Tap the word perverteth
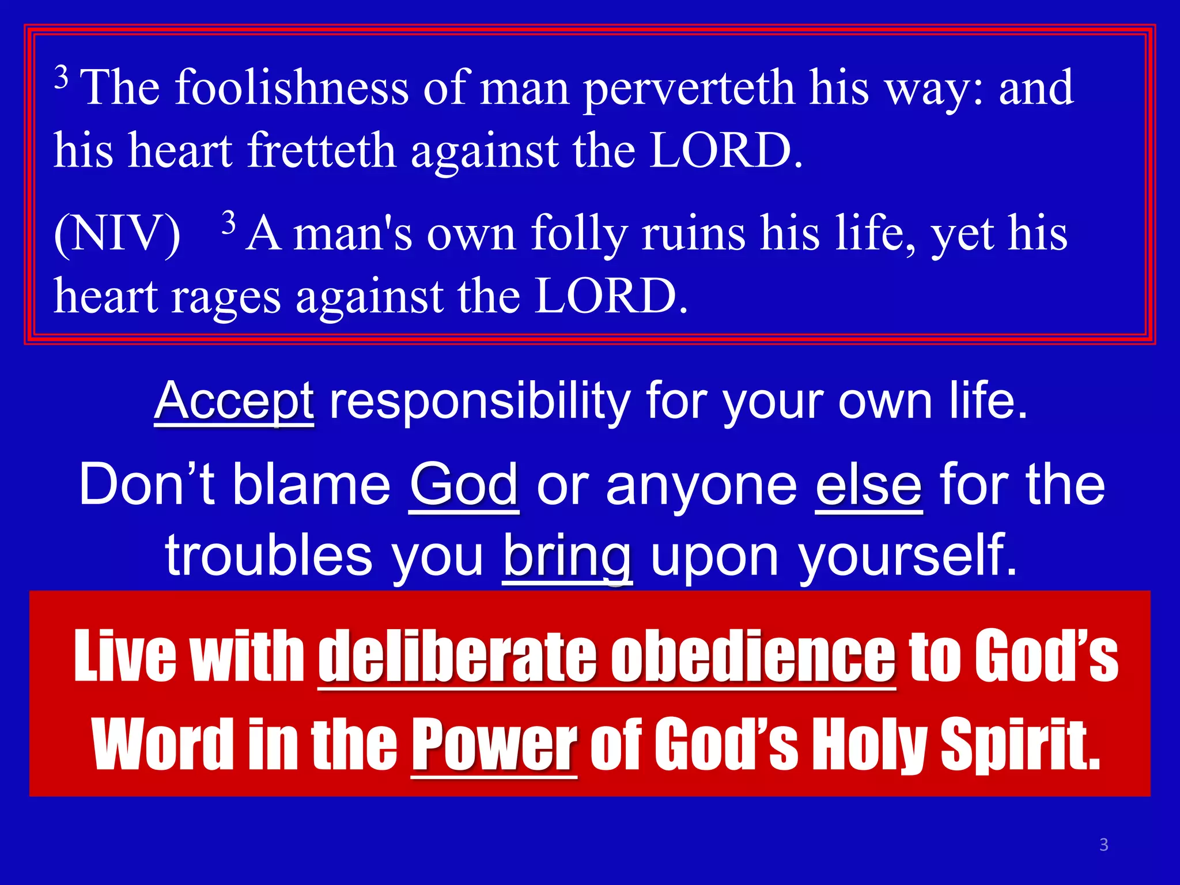point(688,89)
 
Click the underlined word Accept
point(234,401)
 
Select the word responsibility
point(479,402)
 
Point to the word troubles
point(269,555)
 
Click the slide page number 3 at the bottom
point(1104,845)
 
